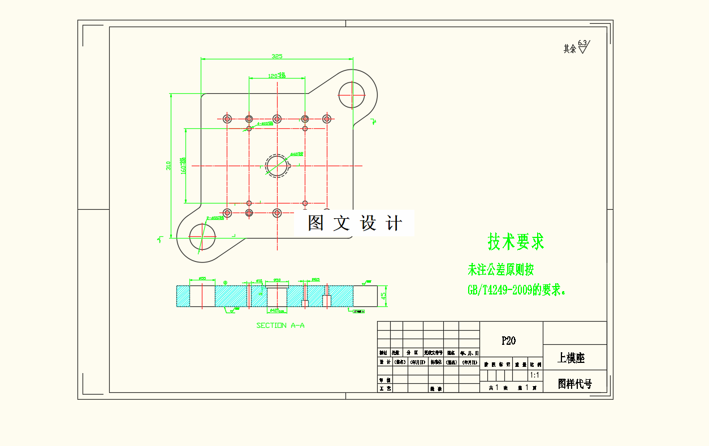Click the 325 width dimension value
click(276, 56)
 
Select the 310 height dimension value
click(168, 166)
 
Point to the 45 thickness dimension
click(383, 296)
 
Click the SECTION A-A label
click(280, 325)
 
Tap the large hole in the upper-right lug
click(352, 94)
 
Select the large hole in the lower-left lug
click(202, 236)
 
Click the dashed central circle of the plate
click(277, 165)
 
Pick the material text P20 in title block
click(508, 341)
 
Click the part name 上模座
click(571, 358)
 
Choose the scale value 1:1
click(534, 375)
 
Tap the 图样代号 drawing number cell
click(574, 384)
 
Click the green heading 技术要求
click(516, 242)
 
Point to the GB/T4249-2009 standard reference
click(500, 291)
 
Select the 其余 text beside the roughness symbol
click(569, 49)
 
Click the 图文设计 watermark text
click(354, 223)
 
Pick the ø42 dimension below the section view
click(275, 310)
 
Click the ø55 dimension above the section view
click(201, 279)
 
